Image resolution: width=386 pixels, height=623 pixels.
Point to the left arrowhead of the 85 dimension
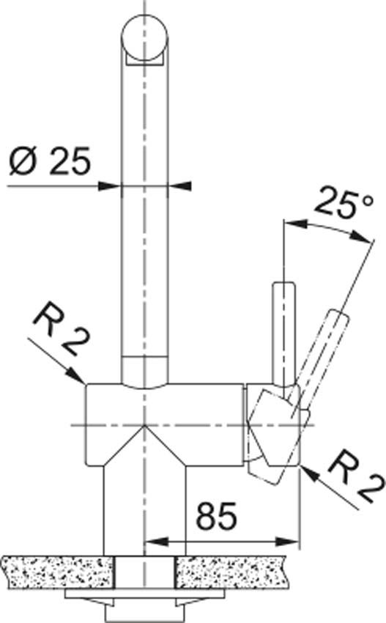(x=153, y=542)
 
